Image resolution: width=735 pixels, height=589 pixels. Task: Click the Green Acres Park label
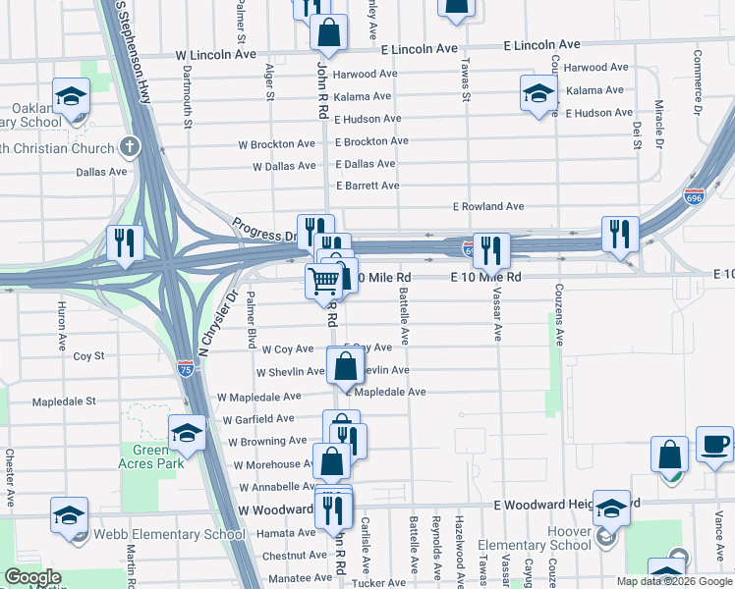point(151,456)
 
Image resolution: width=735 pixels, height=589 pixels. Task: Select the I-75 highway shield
point(186,368)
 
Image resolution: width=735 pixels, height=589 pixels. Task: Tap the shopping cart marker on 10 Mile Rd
point(323,281)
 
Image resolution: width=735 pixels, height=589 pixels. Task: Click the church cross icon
point(128,148)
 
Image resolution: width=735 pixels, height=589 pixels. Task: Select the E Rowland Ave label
point(488,207)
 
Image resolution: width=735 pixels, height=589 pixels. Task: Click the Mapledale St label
point(64,402)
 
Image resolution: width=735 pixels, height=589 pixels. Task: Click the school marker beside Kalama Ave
point(538,93)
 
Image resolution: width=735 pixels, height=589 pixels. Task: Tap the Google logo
point(32,577)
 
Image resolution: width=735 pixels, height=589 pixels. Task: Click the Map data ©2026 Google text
point(674,581)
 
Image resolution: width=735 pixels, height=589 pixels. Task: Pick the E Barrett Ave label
point(367,186)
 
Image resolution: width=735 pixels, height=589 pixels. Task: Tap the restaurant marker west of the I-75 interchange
point(125,242)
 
